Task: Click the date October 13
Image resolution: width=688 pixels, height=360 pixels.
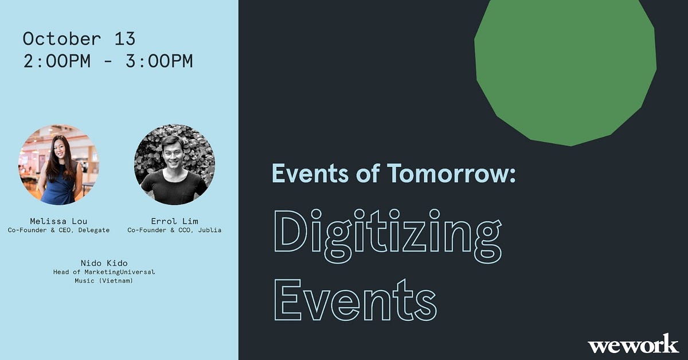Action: (x=79, y=39)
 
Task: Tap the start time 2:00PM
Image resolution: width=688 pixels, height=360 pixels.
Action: (x=57, y=61)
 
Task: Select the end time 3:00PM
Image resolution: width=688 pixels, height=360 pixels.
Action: (x=159, y=61)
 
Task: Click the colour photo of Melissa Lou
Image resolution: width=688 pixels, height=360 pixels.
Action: (x=58, y=165)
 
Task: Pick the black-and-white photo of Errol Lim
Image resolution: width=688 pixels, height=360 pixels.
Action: (x=174, y=165)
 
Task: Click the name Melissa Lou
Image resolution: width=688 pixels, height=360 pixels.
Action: (x=58, y=221)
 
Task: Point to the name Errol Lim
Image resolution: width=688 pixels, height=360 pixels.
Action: (x=174, y=221)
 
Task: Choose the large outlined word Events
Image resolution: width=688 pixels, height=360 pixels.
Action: (x=355, y=299)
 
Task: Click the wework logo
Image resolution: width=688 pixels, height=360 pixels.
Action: (x=633, y=343)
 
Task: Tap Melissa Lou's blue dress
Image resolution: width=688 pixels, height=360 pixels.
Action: (x=59, y=186)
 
